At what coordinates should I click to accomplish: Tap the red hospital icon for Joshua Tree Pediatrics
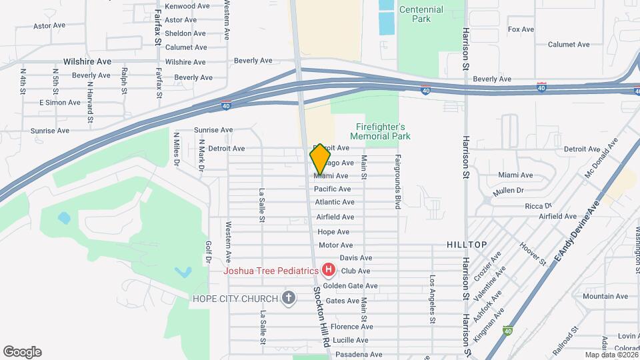pos(328,270)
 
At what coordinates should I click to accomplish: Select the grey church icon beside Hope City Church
pos(289,297)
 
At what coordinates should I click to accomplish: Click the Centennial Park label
pos(421,14)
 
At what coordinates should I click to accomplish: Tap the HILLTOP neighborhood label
pos(467,245)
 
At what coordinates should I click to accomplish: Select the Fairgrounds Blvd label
pos(397,182)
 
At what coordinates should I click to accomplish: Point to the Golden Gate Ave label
pos(351,286)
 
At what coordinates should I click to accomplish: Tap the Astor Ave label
pos(49,26)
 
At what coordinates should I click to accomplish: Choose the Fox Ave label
pos(521,29)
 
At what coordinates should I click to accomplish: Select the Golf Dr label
pos(209,252)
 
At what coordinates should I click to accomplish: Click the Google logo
pos(22,352)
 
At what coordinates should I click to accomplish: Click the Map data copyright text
pos(610,355)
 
